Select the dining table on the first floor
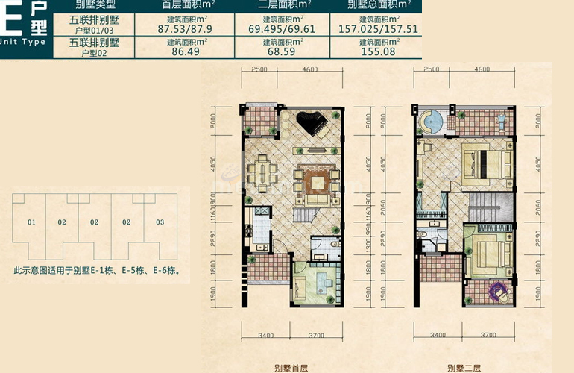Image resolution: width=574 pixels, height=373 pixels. (x=263, y=174)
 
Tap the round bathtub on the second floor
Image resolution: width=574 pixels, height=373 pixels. (x=432, y=119)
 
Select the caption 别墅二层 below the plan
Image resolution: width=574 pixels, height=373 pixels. (x=462, y=367)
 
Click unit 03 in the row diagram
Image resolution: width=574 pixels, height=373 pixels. (x=160, y=222)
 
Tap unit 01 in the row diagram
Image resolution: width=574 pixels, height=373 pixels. (x=31, y=222)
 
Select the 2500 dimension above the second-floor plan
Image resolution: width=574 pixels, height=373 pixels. (x=430, y=69)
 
